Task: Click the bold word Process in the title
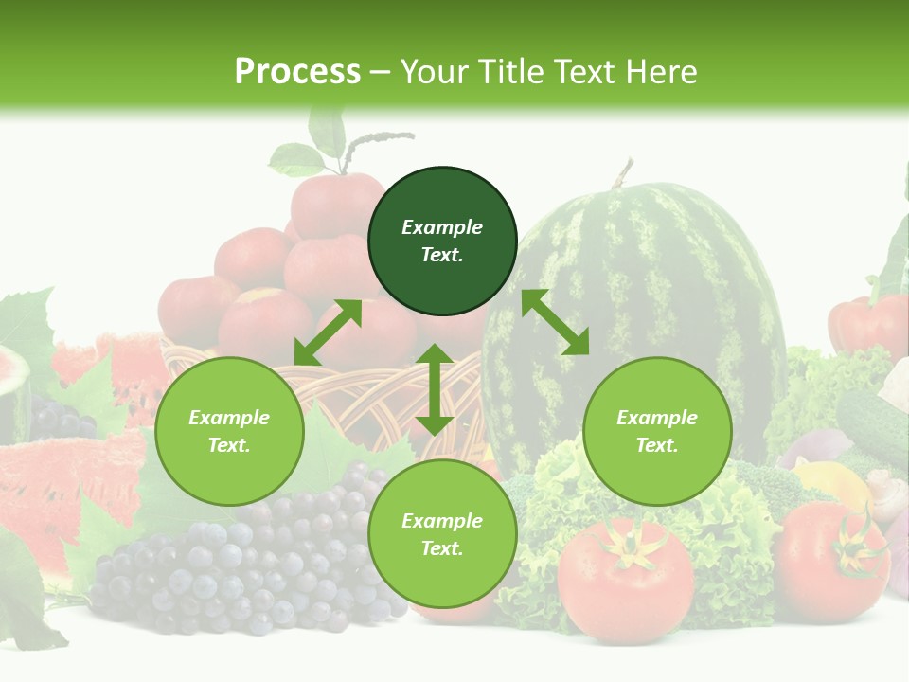[297, 72]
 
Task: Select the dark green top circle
[442, 242]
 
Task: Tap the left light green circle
[229, 431]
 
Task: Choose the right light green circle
[657, 431]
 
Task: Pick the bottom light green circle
[442, 534]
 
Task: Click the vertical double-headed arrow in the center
[435, 389]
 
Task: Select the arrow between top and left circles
[328, 332]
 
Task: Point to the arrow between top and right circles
[555, 322]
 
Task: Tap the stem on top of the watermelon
[622, 173]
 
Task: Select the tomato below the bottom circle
[625, 578]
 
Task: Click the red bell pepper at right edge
[866, 322]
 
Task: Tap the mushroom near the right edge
[885, 493]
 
